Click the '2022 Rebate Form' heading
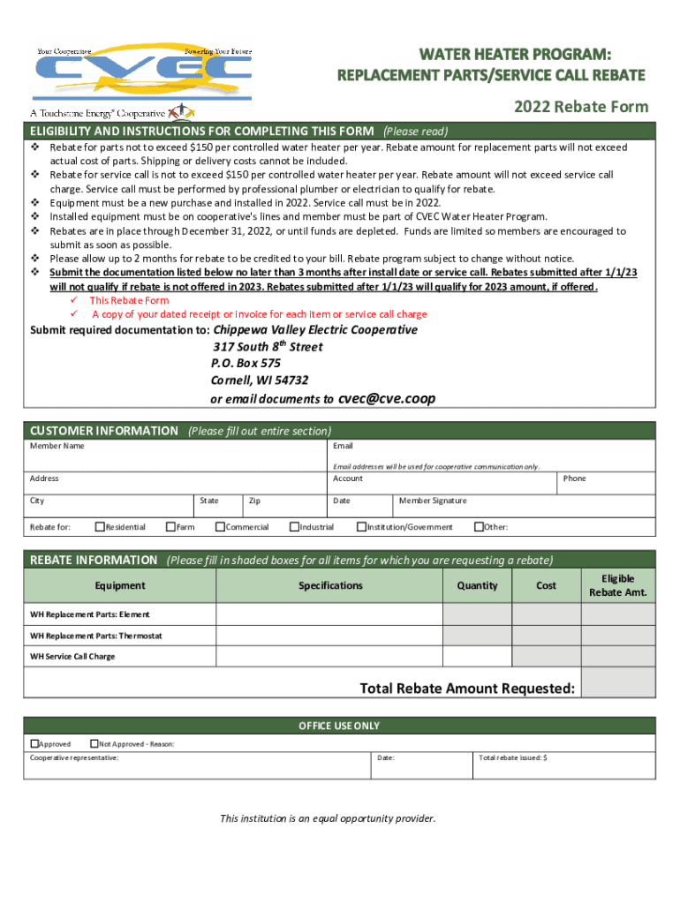coord(580,107)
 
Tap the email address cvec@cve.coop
coord(387,398)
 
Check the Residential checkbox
coord(99,527)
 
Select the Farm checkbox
coord(170,527)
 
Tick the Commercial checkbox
coord(220,527)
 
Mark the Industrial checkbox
coord(294,527)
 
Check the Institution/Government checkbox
coord(361,527)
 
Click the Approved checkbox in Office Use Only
coord(34,743)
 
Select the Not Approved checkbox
coord(94,743)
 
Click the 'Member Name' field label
coord(57,446)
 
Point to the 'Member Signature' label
coord(433,501)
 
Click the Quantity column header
coord(477,585)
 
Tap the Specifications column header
coord(330,585)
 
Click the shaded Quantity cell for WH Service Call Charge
coord(477,657)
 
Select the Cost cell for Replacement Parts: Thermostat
coord(546,636)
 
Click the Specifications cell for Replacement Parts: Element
coord(329,614)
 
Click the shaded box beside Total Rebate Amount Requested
coord(618,683)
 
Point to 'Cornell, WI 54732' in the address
coord(259,380)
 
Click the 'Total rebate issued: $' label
coord(513,757)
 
